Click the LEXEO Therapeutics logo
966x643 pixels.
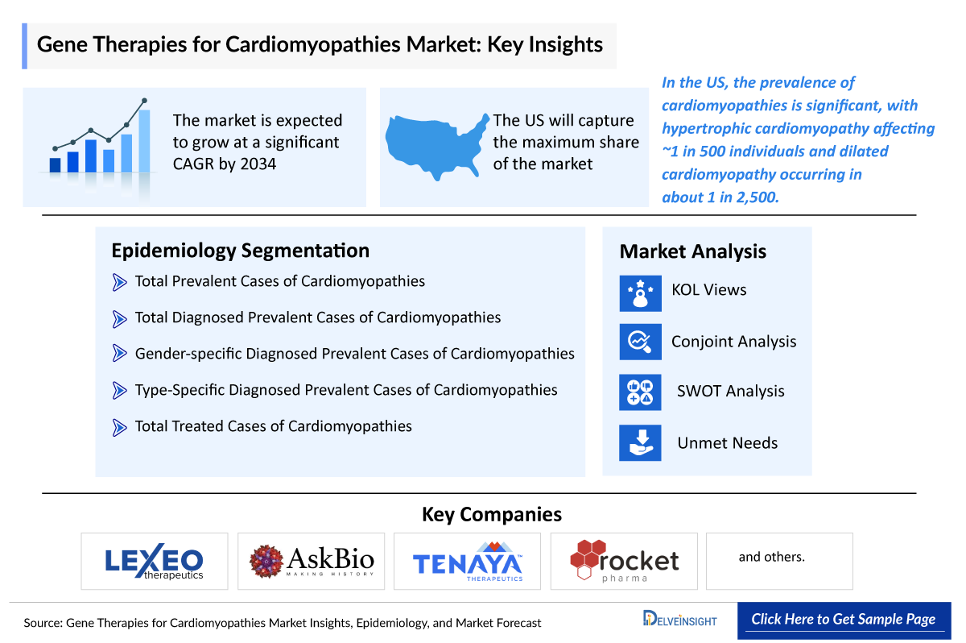[x=155, y=561]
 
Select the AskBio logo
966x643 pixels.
[x=312, y=561]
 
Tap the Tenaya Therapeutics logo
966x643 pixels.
[x=468, y=561]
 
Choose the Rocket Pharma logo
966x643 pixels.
[x=624, y=561]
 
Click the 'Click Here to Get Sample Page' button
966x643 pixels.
[x=843, y=620]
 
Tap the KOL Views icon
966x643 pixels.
[x=640, y=292]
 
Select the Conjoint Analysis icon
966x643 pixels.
[x=640, y=342]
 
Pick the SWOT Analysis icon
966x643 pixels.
[x=640, y=392]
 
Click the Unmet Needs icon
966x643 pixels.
[x=640, y=442]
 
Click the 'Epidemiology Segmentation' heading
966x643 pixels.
[x=240, y=251]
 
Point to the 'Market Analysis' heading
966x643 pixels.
[x=692, y=251]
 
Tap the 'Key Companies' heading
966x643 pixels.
[x=491, y=514]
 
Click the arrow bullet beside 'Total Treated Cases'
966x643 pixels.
[x=120, y=427]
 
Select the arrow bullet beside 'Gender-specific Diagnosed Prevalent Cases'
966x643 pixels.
[x=120, y=354]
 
